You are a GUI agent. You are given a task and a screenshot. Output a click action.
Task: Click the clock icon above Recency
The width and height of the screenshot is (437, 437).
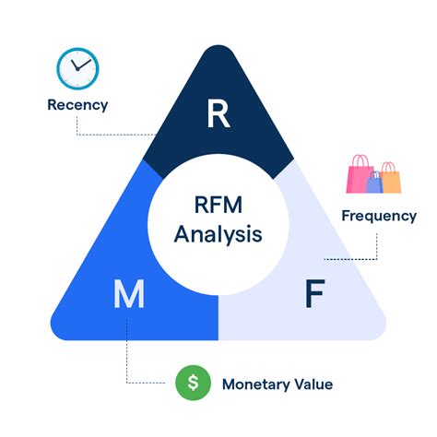[x=77, y=67]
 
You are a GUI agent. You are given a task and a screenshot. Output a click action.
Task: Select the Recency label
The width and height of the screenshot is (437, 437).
[x=77, y=104]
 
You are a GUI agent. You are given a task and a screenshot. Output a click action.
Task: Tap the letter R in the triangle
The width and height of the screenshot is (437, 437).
[x=218, y=114]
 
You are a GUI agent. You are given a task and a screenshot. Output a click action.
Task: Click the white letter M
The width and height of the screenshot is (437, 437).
[x=128, y=296]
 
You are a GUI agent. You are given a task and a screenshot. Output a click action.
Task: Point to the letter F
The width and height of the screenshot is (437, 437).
[x=314, y=296]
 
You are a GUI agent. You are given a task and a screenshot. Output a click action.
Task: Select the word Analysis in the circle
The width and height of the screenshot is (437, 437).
[x=218, y=233]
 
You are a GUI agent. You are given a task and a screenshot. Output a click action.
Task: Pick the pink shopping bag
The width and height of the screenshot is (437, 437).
[x=360, y=176]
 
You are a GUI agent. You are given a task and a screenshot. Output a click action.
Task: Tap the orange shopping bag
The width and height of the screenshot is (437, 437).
[x=390, y=180]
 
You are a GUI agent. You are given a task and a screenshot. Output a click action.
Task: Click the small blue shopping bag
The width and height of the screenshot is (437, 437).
[x=374, y=183]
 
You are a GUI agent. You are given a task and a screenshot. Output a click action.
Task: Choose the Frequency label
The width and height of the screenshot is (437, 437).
[x=379, y=216]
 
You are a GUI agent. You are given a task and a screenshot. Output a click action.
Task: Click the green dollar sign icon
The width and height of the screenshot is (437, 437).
[x=192, y=383]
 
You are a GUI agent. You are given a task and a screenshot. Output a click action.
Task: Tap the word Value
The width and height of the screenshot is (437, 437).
[x=313, y=384]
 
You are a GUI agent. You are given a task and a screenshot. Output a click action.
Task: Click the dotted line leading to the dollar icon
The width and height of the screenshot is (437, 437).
[x=138, y=383]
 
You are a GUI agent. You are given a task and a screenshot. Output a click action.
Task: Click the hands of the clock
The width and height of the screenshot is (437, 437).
[x=81, y=65]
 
